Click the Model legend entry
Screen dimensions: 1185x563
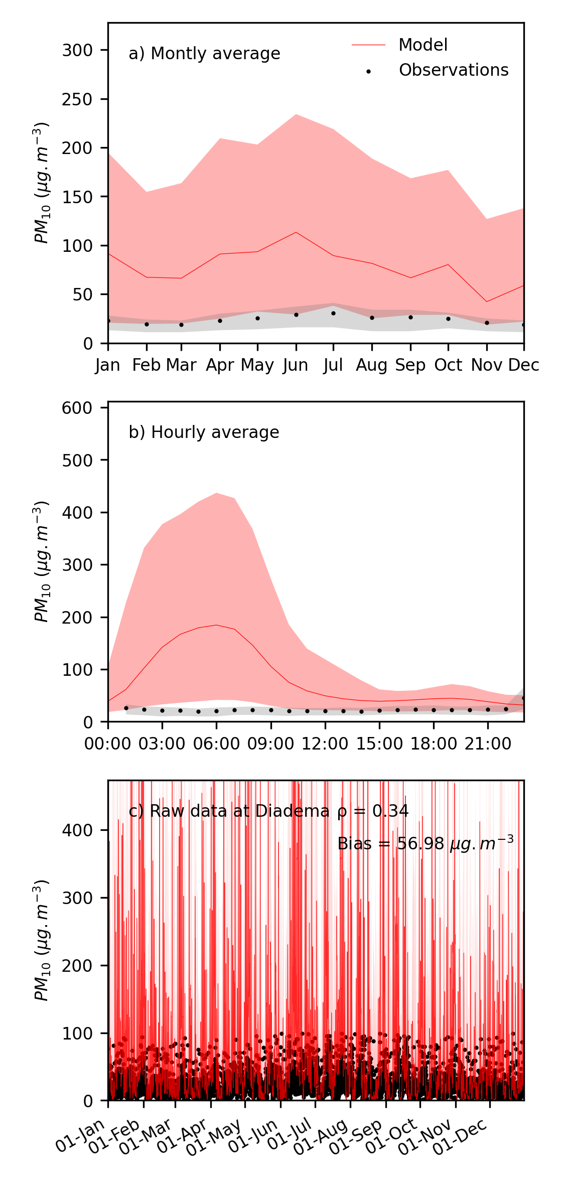[423, 45]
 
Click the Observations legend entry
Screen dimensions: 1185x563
[453, 70]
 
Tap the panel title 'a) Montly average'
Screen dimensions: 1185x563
[204, 54]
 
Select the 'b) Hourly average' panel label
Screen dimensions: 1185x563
[204, 432]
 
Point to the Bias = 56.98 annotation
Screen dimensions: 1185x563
[425, 844]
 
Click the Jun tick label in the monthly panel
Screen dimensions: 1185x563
[296, 365]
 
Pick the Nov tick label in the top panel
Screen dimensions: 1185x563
[487, 365]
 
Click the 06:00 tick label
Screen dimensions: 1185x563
[216, 744]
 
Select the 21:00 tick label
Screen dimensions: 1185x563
[488, 744]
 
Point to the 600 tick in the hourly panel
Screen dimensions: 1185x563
[77, 408]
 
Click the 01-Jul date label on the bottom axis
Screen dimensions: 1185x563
[290, 1136]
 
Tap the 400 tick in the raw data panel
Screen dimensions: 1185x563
[77, 830]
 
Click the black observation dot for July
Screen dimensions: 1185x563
[333, 313]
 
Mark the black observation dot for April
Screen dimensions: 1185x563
[220, 321]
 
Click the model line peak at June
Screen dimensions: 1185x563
[296, 232]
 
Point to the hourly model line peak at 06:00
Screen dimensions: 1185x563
[216, 625]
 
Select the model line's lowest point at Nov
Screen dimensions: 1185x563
[487, 302]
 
